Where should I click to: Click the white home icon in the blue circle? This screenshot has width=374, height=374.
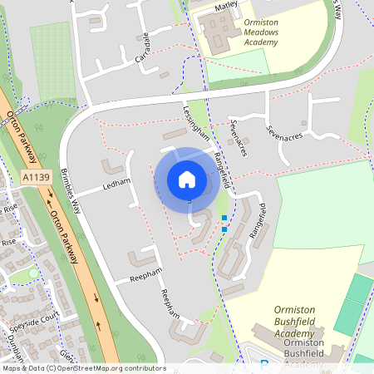pos(186,180)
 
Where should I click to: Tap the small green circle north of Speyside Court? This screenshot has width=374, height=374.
pos(34,273)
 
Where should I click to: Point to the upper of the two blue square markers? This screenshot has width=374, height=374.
pos(224,218)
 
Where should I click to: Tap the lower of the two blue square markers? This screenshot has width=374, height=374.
pos(224,229)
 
